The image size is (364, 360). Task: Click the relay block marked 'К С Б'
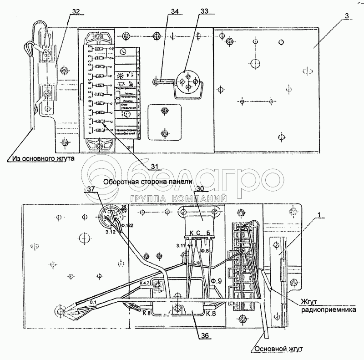200,225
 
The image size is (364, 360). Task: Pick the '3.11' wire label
181,246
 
